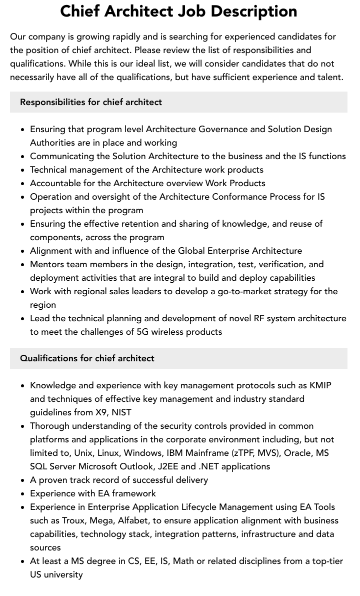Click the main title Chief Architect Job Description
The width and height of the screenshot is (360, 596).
point(178,11)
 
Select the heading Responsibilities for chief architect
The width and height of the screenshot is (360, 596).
point(91,102)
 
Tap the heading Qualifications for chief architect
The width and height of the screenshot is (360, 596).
point(87,358)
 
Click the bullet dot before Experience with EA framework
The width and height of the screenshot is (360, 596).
point(23,494)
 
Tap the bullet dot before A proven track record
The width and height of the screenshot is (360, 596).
point(23,480)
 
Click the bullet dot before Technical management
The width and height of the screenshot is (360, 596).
point(23,170)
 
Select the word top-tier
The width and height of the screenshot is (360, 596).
point(324,561)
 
